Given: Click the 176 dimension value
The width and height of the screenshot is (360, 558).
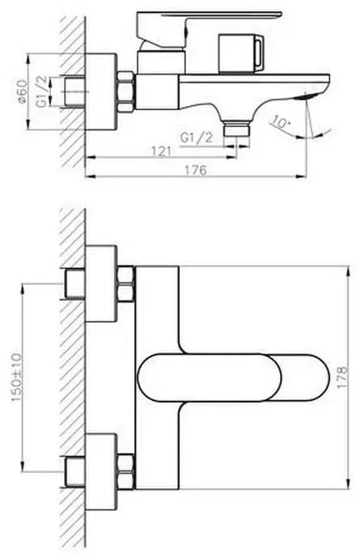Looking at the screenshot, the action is (196, 170).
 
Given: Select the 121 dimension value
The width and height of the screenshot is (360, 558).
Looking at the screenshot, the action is (162, 151).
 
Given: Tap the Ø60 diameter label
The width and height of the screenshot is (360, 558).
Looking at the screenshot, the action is (21, 91).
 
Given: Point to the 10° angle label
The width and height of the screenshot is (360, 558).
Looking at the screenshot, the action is (281, 122).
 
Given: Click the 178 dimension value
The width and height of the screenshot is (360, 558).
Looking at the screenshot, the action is (342, 377).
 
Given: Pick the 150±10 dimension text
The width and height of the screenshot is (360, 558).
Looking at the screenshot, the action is (17, 378).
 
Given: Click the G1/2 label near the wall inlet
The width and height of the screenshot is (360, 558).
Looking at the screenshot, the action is (41, 92).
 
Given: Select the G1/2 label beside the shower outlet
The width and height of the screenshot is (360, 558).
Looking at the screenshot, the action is (197, 137).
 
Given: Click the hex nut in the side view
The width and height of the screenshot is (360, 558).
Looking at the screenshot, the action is (126, 91).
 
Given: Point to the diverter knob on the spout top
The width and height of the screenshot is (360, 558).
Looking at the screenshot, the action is (241, 53).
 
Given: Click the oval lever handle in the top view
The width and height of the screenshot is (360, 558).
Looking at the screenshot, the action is (233, 378).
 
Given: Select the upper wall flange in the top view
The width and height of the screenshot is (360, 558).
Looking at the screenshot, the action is (101, 284).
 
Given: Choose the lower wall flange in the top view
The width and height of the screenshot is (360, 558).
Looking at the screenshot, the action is (101, 472).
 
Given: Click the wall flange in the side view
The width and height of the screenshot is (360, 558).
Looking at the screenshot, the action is (101, 91).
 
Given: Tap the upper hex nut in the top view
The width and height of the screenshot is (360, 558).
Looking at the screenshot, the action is (126, 284).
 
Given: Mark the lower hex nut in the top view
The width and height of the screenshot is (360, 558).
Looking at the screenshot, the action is (126, 472).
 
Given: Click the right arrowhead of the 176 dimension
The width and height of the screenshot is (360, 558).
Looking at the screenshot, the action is (303, 175).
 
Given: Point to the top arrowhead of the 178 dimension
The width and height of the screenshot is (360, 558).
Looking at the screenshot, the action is (348, 270).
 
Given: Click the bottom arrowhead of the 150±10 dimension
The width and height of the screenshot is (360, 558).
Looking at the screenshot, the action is (23, 467).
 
